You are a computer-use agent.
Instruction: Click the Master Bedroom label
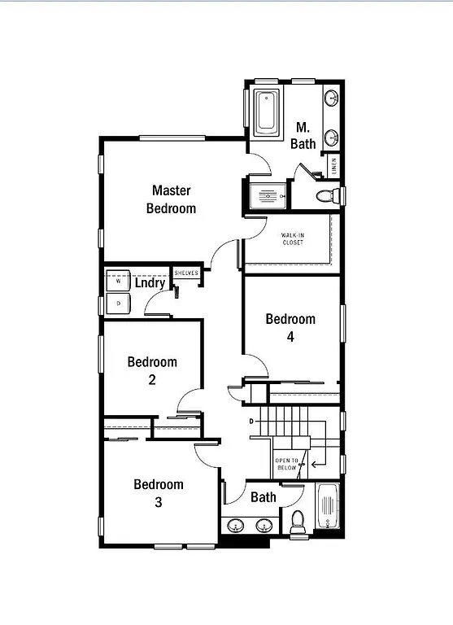171,199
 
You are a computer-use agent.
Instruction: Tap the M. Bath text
303,135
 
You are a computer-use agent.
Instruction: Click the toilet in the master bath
327,195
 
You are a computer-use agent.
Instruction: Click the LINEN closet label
334,165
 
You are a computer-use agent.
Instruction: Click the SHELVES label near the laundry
186,273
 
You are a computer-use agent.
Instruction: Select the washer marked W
118,281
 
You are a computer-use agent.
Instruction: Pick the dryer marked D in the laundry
118,304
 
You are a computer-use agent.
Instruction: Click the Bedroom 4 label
290,327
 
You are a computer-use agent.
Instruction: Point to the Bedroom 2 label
152,370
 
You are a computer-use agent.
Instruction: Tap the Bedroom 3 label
159,493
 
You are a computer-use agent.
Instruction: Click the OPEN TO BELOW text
287,465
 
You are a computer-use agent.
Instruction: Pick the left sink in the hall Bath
237,526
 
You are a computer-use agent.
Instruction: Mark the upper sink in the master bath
332,99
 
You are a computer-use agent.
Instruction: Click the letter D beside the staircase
251,421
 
